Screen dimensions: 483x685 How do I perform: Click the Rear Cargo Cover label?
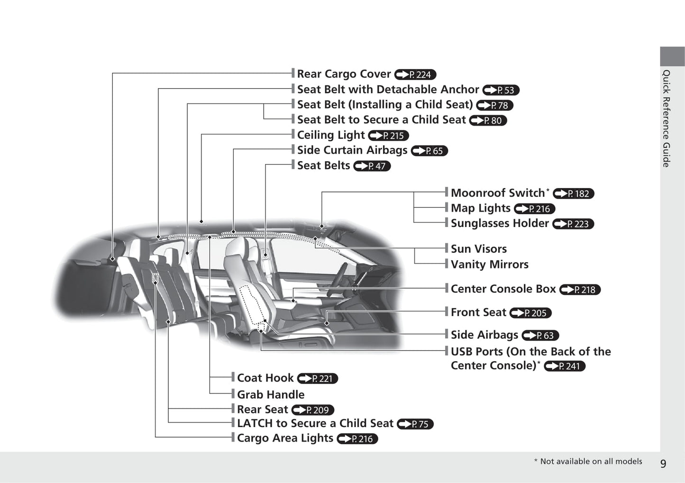click(x=344, y=74)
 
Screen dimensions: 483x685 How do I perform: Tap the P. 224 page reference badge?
click(x=415, y=75)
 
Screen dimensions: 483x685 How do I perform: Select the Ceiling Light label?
click(x=331, y=135)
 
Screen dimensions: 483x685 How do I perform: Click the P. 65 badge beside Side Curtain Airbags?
click(x=429, y=151)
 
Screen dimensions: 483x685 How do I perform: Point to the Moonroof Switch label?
click(x=498, y=193)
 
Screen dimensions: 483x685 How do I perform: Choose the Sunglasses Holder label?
click(x=500, y=223)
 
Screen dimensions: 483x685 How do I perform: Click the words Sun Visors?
click(x=478, y=249)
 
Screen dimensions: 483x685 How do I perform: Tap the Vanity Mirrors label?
click(x=489, y=264)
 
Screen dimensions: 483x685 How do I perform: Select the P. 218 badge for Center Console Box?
click(x=580, y=290)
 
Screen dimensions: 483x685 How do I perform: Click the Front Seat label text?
click(x=478, y=312)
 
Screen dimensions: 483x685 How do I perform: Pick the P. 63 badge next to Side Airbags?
click(x=540, y=336)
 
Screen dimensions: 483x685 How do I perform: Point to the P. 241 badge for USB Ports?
click(x=565, y=366)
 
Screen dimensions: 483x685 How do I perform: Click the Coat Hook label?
click(x=265, y=378)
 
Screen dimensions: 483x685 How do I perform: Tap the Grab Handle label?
click(x=271, y=394)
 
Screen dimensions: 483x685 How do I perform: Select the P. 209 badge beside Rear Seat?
click(x=313, y=410)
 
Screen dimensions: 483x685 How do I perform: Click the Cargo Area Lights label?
click(x=285, y=438)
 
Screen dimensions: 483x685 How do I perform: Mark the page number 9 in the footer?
click(x=663, y=464)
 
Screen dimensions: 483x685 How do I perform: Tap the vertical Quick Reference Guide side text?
click(x=666, y=118)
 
